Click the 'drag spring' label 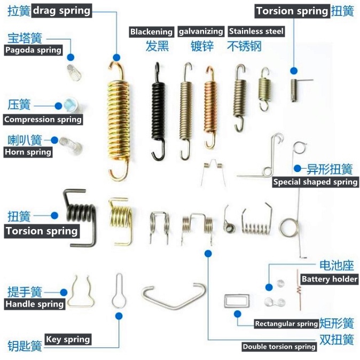[x=62, y=10]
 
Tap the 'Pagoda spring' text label [x=33, y=50]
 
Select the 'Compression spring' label [x=43, y=120]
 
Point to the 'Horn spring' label [x=28, y=152]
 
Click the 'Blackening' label [x=152, y=32]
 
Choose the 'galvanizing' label [x=200, y=32]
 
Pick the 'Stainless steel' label [x=256, y=32]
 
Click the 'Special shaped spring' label [x=315, y=182]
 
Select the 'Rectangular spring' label [x=286, y=324]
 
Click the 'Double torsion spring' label [x=279, y=347]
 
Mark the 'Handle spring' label [x=35, y=304]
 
